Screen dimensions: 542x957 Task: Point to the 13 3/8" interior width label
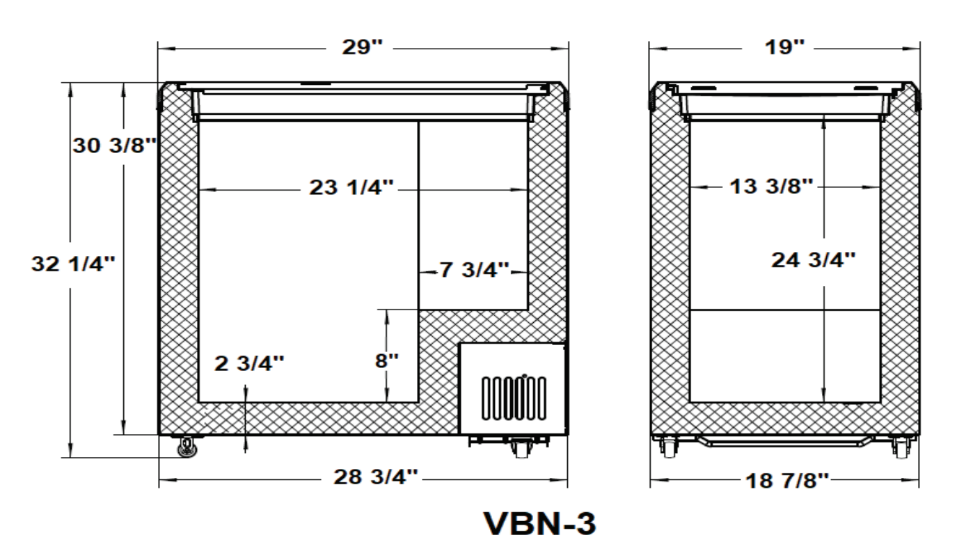tap(770, 186)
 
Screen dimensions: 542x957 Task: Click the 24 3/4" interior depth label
tap(812, 260)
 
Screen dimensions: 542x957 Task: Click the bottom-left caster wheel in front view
tap(187, 447)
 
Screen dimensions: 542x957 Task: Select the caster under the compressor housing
tap(519, 447)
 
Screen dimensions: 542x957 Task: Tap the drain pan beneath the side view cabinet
tap(785, 441)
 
